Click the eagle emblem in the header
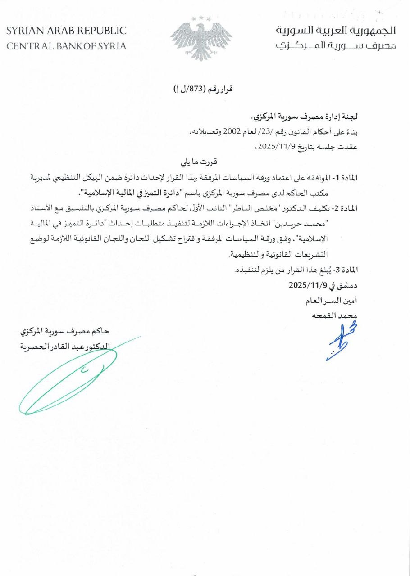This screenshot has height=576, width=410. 201,38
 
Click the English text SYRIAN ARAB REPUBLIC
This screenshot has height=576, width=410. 66,31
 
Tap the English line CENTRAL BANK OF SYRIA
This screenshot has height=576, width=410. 66,46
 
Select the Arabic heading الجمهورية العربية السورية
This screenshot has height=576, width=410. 336,31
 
